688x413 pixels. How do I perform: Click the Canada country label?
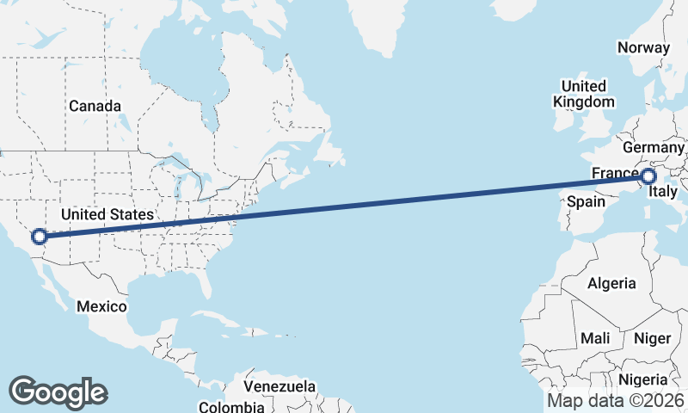coord(95,106)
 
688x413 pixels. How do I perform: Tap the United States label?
coord(107,214)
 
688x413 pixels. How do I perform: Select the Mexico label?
coord(101,306)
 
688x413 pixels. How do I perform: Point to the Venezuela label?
coord(279,386)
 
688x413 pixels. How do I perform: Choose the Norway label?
coord(643,47)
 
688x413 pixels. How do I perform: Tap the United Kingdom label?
coord(584,94)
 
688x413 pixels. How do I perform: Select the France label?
coord(615,174)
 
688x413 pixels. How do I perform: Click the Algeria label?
coord(611,283)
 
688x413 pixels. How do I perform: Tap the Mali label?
coord(595,338)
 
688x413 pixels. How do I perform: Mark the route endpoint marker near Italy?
coord(649,177)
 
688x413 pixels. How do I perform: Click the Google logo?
coord(58,392)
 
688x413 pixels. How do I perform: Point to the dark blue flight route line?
coord(344,206)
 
